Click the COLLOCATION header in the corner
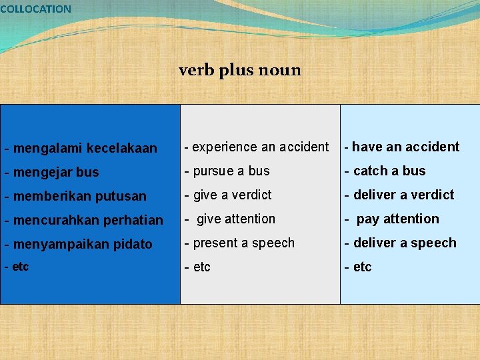coord(35,9)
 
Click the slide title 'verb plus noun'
coord(240,70)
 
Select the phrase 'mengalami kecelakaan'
coord(84,148)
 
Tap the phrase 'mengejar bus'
coord(55,172)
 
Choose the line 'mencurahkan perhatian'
coord(87,220)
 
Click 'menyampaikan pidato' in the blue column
coord(83,244)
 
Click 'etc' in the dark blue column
coord(19,267)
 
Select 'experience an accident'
coord(260,147)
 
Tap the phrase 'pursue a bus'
coord(231,171)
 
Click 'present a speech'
coord(243,243)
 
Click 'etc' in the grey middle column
coord(201,267)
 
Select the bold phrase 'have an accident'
coord(405,147)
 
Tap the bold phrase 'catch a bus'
coord(389,171)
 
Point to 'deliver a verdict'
coord(403,195)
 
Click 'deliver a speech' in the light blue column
coord(404,243)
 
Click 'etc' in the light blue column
coord(361,267)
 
